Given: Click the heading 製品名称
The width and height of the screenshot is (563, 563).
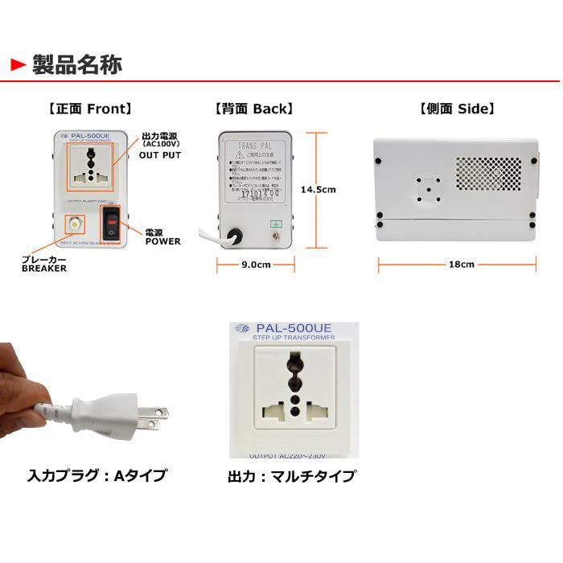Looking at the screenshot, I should tap(77, 64).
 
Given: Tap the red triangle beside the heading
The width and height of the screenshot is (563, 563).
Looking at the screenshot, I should tap(18, 64).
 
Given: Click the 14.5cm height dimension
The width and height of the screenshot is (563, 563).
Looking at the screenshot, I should tap(318, 190).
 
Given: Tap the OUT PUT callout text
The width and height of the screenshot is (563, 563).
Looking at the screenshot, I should tap(160, 155).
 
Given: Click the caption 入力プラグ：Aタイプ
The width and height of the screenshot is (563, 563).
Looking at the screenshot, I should tap(97, 475).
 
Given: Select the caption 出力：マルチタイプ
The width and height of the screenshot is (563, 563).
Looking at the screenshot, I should tap(291, 476).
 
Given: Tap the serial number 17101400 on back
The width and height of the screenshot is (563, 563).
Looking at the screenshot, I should tap(259, 193).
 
